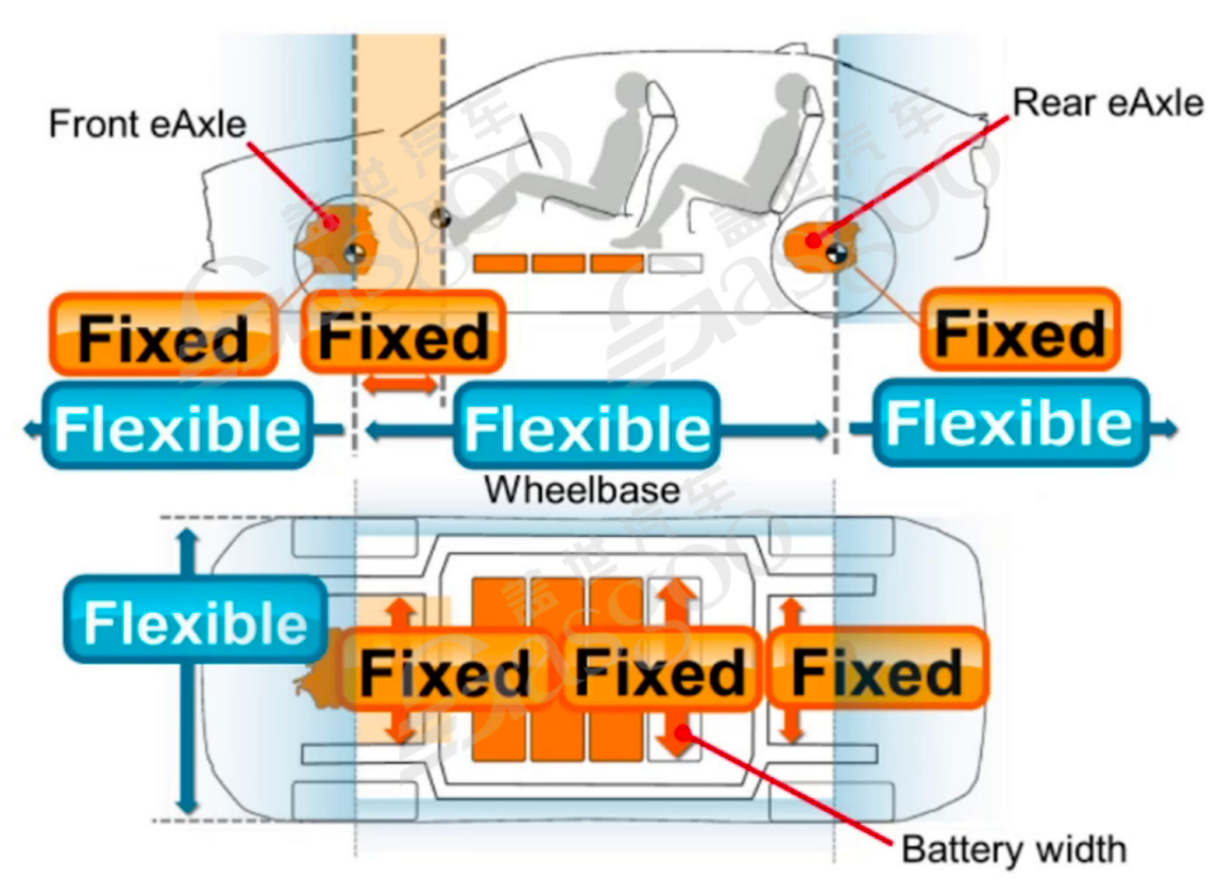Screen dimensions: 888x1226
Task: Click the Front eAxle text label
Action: coord(147,123)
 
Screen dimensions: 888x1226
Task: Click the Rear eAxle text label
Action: coord(1108,102)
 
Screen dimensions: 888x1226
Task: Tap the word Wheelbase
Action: coord(582,489)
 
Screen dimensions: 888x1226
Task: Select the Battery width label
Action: coord(1014,849)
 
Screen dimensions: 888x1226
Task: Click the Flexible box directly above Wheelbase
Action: coord(587,427)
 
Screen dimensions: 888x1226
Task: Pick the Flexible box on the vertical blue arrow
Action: coord(195,621)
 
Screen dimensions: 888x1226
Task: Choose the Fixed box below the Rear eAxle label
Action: coord(1020,332)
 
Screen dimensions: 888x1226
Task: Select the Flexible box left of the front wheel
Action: coord(177,427)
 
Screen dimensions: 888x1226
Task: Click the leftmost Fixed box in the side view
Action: coord(163,336)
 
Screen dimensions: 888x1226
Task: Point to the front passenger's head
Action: coord(630,95)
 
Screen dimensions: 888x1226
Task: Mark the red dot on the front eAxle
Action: coord(330,222)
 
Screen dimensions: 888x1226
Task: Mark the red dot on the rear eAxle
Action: coord(817,240)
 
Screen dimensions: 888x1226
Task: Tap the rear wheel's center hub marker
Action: coord(836,252)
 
